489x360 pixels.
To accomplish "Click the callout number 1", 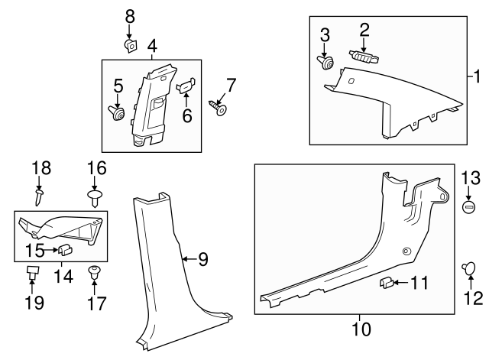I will coord(478,76).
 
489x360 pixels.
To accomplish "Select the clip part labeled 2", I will coord(364,55).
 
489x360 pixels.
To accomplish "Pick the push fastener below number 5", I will coord(118,114).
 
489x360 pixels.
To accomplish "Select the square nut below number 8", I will coord(130,47).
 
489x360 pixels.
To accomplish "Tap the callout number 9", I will coord(202,260).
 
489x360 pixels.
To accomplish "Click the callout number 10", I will coord(360,329).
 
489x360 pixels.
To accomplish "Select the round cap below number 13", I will coord(469,207).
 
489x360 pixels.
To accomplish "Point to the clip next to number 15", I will coord(65,248).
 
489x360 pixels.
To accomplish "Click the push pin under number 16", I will coord(95,199).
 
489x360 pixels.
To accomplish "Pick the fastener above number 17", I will coord(95,271).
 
